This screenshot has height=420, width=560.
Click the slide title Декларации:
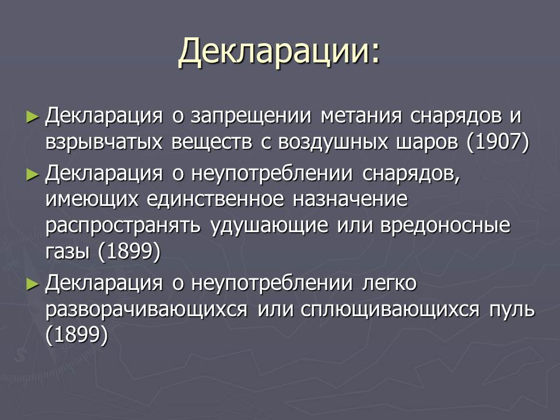(279, 52)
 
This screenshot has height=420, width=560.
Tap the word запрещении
(251, 116)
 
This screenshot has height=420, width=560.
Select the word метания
(361, 116)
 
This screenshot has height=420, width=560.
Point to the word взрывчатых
(104, 142)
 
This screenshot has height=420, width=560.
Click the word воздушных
(333, 142)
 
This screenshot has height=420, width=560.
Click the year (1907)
(498, 142)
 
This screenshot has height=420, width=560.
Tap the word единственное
(215, 198)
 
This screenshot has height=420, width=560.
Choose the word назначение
(350, 199)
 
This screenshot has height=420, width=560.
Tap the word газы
(67, 253)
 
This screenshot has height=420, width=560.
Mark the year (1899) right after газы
(129, 251)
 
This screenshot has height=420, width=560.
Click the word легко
(389, 283)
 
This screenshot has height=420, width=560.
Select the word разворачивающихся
(146, 310)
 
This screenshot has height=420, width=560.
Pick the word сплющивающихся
(390, 310)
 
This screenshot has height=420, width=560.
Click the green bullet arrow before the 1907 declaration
(33, 117)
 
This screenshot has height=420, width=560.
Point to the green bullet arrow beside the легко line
(33, 284)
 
